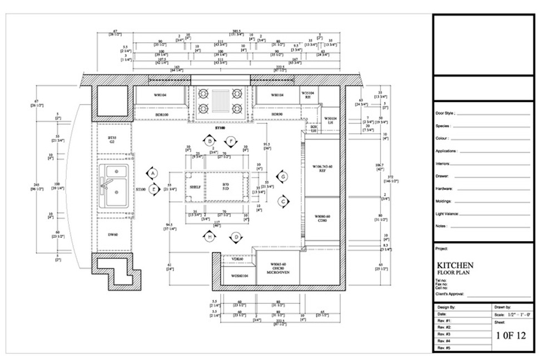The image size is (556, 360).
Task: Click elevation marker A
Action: click(x=152, y=173)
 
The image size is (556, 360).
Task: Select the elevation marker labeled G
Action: click(x=283, y=177)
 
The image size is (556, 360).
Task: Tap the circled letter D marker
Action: click(x=236, y=237)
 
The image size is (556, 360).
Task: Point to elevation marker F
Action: click(x=232, y=141)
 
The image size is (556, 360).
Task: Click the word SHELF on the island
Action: click(x=195, y=187)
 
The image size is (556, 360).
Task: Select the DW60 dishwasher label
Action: click(x=112, y=235)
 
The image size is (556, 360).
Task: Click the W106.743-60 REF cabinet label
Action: click(x=322, y=168)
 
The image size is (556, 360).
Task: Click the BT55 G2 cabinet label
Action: click(x=112, y=139)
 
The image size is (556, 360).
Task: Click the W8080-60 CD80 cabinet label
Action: click(x=322, y=218)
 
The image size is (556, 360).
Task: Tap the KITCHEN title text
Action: click(x=455, y=265)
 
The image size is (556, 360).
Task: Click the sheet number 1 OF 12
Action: click(x=510, y=336)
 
